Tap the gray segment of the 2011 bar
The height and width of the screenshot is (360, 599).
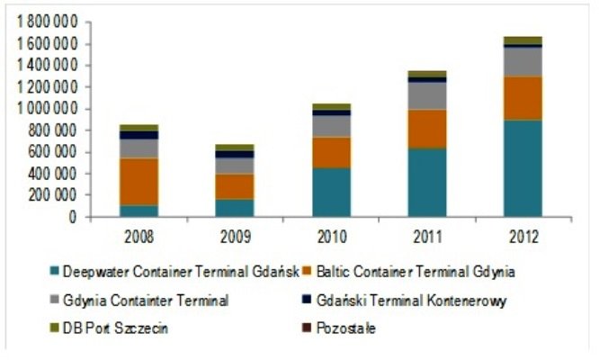pyautogui.click(x=426, y=95)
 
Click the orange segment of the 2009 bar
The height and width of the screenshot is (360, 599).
pyautogui.click(x=235, y=185)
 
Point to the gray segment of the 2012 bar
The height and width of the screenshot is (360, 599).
pyautogui.click(x=523, y=61)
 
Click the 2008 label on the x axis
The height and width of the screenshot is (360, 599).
pyautogui.click(x=139, y=236)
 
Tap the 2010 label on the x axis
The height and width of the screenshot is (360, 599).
pyautogui.click(x=331, y=236)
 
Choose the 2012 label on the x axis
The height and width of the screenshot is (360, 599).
pyautogui.click(x=523, y=236)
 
